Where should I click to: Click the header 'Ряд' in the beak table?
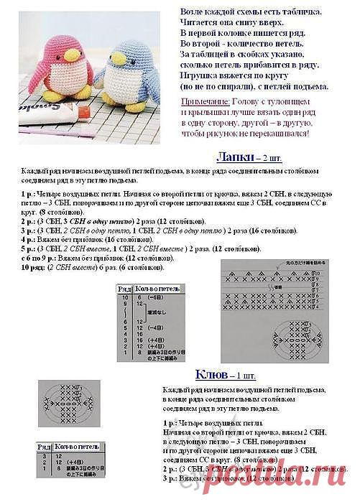44,447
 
